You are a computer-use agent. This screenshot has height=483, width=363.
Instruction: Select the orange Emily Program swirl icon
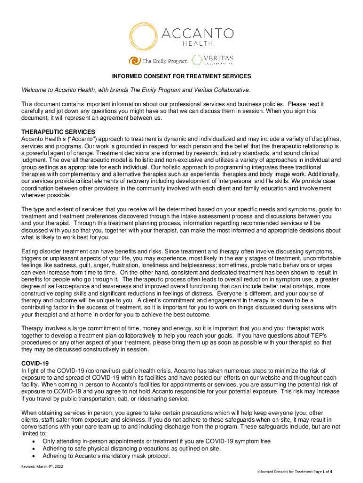[x=135, y=60]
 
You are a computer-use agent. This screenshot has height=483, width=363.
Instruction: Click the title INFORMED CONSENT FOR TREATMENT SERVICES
[x=181, y=76]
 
